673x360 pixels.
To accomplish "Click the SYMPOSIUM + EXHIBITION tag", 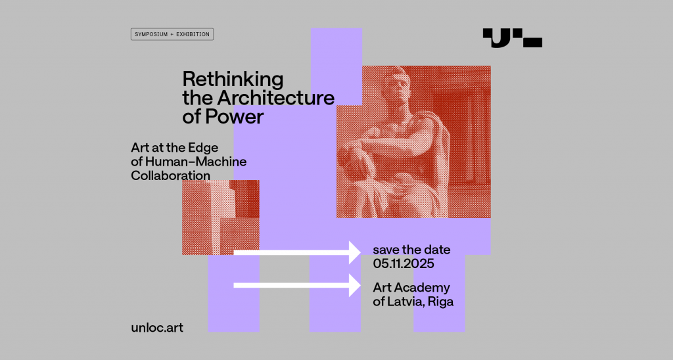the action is [x=172, y=34].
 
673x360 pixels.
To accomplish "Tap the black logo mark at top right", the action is [x=512, y=37].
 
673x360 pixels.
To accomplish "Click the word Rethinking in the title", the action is [x=233, y=79].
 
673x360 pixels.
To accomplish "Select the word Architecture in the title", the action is [x=275, y=98].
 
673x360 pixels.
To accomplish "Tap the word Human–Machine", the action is [x=196, y=162].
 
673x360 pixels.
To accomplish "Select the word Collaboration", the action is [x=170, y=175].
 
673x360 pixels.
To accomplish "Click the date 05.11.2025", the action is [x=404, y=263].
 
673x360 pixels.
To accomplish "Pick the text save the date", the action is [x=411, y=250].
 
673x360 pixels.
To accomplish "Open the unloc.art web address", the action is [x=157, y=328].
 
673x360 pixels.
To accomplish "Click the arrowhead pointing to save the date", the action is [x=355, y=252].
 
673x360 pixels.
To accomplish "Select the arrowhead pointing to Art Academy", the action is [x=355, y=285].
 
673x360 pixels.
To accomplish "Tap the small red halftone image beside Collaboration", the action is [x=221, y=217].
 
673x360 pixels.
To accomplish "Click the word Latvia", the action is [x=406, y=302].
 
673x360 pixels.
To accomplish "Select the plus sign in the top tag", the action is [x=172, y=34].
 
